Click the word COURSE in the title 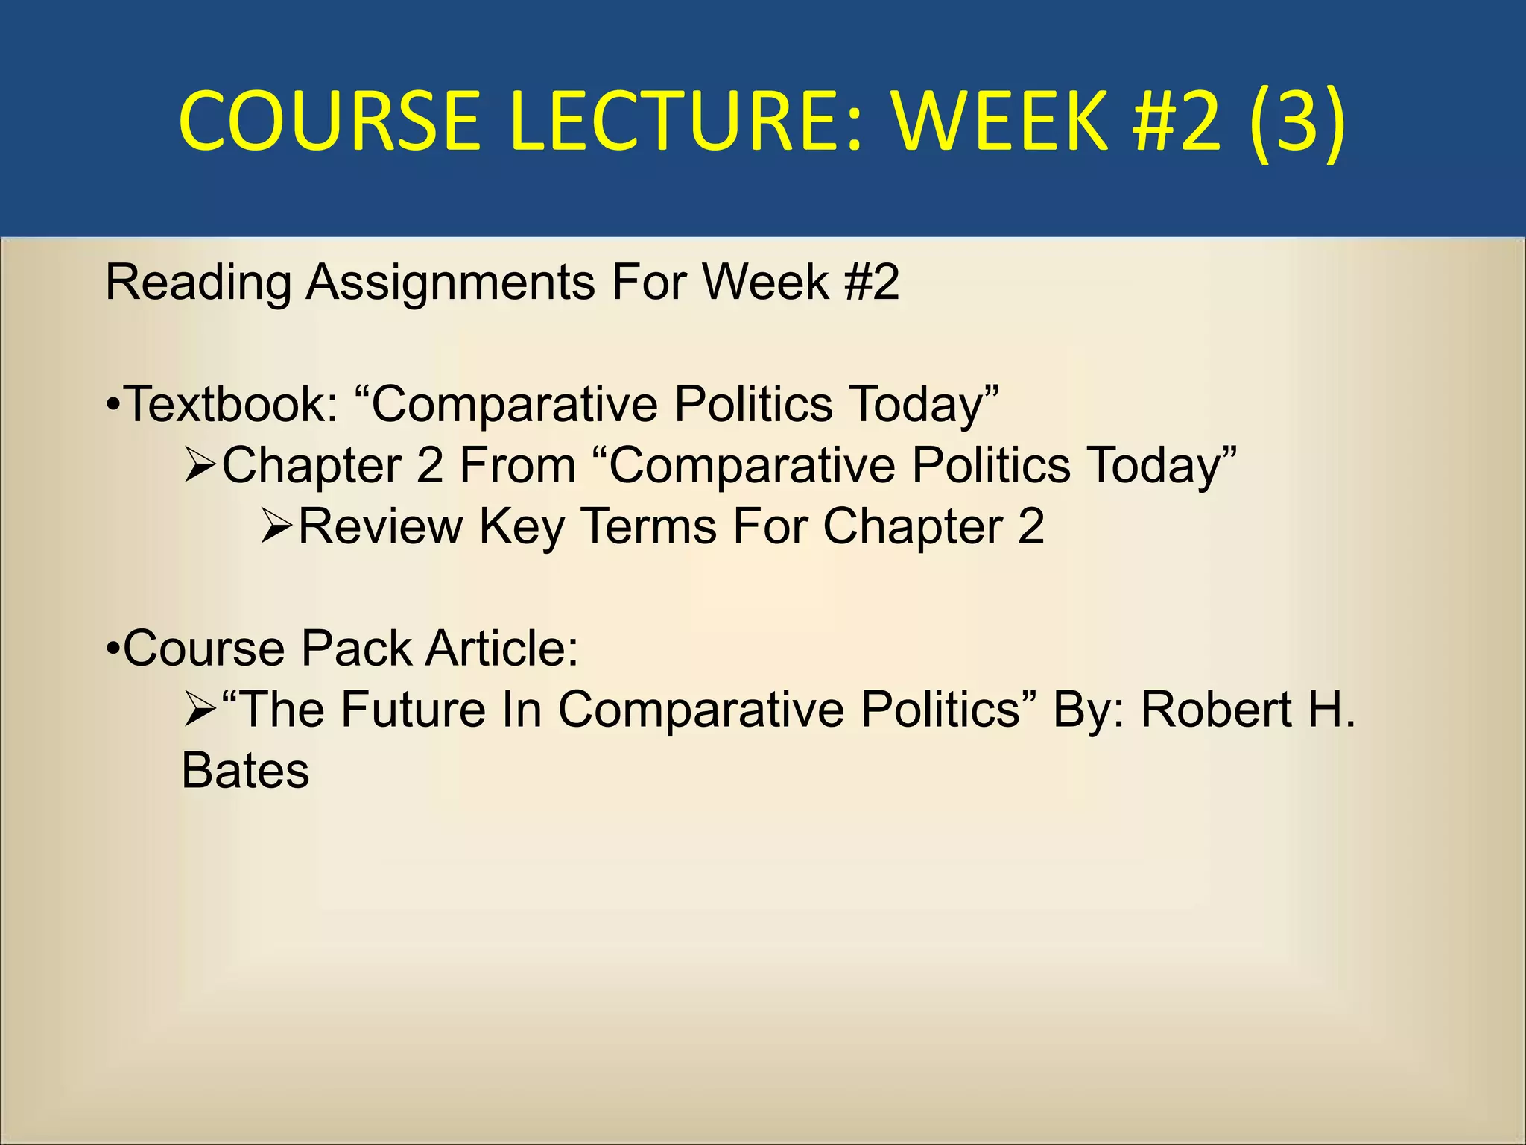[329, 121]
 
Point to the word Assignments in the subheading [451, 283]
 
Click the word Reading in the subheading [199, 283]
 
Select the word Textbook [231, 405]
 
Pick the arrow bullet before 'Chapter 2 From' [200, 467]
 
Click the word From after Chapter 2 [518, 466]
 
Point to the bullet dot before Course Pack [113, 649]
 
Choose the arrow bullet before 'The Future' [200, 710]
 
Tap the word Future [413, 710]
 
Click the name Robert [1217, 710]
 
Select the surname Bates [245, 772]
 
